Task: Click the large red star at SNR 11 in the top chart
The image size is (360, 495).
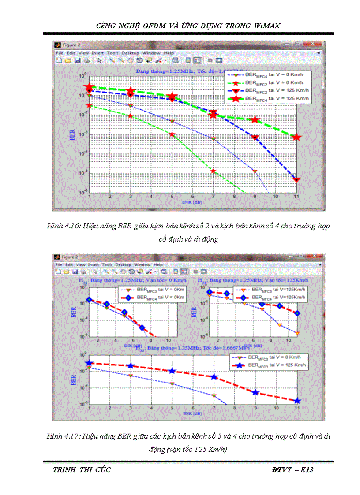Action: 297,138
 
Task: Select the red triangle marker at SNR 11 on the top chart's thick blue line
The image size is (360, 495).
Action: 297,180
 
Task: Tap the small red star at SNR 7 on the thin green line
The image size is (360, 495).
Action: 213,171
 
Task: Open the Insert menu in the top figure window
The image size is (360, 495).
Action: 97,53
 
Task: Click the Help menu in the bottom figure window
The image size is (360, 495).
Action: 158,264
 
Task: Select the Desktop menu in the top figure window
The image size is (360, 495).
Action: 130,53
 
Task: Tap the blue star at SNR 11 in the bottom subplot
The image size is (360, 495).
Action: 297,401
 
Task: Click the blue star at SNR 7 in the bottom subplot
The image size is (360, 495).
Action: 214,377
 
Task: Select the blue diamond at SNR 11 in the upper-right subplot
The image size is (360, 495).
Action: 297,313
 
